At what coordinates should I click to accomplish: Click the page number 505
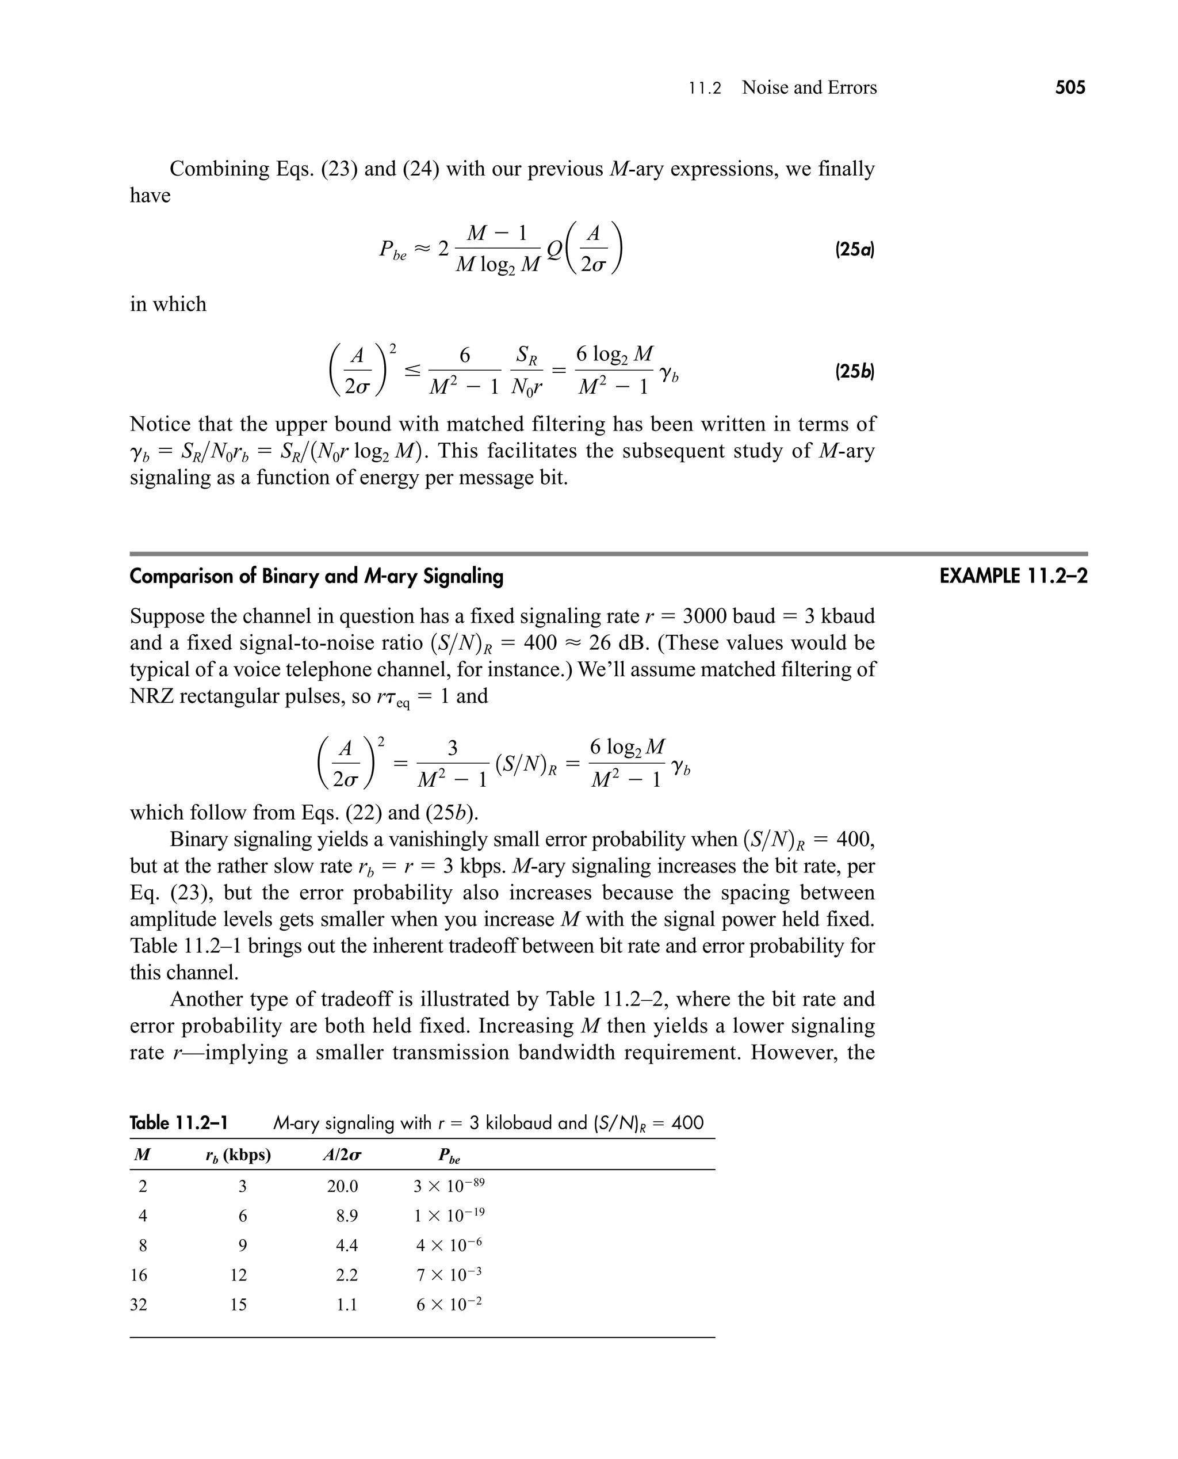tap(1070, 87)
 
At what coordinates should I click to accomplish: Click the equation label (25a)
tap(854, 249)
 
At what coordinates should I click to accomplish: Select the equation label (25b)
tap(854, 371)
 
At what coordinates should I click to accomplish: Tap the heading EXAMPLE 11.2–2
tap(1013, 576)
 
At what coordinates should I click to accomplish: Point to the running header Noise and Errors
tap(809, 87)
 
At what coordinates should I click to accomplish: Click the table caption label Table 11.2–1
tap(178, 1123)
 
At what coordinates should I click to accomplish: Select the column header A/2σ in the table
tap(341, 1156)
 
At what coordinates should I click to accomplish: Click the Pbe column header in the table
tap(449, 1156)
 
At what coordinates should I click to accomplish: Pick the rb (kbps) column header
tap(238, 1156)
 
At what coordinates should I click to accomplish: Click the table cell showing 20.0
tap(342, 1187)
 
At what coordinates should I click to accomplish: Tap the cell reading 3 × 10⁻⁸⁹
tap(449, 1186)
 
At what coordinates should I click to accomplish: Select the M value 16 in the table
tap(139, 1275)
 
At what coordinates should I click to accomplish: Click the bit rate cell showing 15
tap(238, 1305)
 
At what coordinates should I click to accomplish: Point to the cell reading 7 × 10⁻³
tap(449, 1275)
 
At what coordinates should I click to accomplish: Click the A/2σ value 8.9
tap(347, 1216)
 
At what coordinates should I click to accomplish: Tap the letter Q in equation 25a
tap(554, 249)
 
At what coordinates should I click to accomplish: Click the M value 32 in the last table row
tap(139, 1305)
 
